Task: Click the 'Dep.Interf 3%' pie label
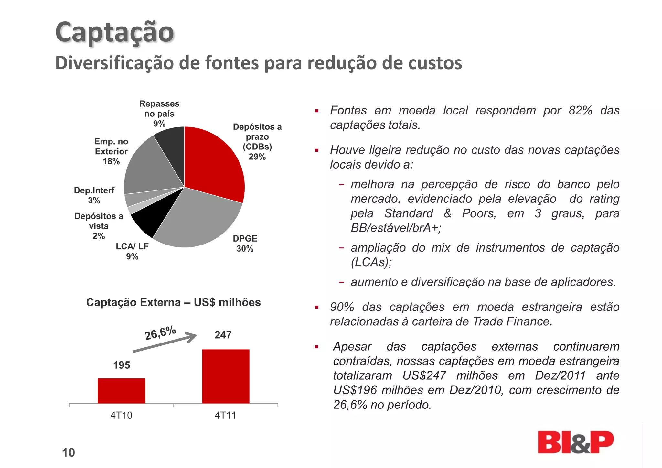coord(94,195)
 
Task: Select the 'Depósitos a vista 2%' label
coord(99,226)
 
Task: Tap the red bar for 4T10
coord(122,391)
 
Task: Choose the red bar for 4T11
coord(226,376)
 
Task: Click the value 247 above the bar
coord(223,335)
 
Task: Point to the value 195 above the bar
coord(122,365)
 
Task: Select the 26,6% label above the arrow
coord(160,333)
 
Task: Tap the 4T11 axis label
coord(225,415)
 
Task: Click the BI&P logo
coord(575,442)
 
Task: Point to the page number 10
coord(69,452)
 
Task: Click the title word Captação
coord(115,32)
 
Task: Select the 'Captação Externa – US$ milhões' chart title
coord(173,302)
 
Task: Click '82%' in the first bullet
coord(581,111)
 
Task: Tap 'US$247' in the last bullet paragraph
coord(424,375)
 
